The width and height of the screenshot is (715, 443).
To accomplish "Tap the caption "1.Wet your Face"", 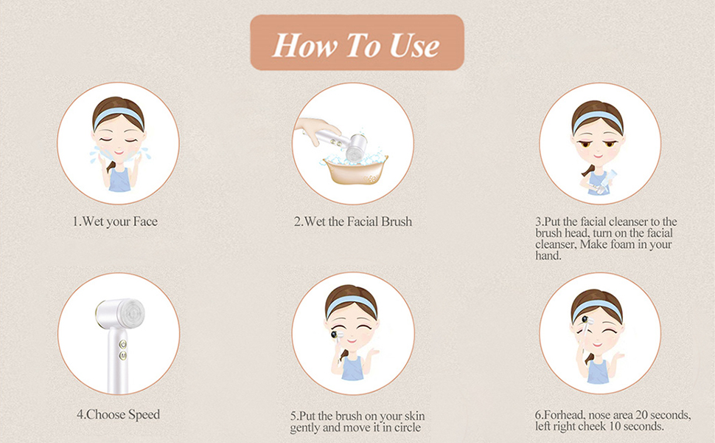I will [114, 221].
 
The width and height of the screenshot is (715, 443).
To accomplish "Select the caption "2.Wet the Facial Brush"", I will [353, 221].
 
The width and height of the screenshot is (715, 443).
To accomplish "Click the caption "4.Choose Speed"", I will [118, 414].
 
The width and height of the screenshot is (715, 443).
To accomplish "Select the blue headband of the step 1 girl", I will [118, 117].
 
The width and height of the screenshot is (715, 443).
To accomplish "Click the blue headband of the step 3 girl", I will [599, 120].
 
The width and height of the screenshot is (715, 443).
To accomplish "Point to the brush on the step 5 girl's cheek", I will [338, 336].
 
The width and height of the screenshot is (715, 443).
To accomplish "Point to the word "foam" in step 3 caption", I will [629, 244].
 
